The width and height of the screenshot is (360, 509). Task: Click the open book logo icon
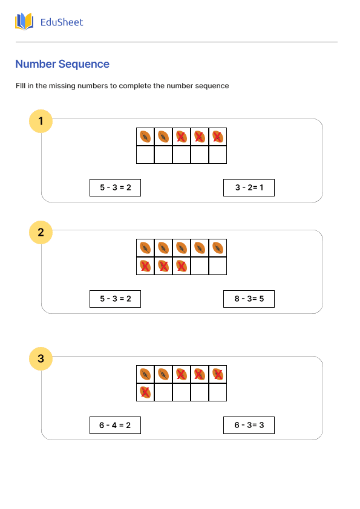(x=24, y=22)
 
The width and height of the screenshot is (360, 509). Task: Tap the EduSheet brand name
(x=61, y=22)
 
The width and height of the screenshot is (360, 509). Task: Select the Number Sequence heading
(x=62, y=64)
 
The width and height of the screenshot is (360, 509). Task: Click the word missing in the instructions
(x=92, y=86)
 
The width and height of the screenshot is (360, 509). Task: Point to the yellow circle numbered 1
(x=41, y=122)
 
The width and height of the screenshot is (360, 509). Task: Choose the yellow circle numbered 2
(x=41, y=233)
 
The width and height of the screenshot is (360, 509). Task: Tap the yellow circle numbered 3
(x=41, y=359)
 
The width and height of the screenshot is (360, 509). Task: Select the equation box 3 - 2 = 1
(x=249, y=188)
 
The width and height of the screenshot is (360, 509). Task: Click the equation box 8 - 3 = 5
(x=249, y=299)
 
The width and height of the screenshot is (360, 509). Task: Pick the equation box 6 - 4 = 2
(x=115, y=426)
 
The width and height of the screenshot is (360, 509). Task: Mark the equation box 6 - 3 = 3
(x=249, y=426)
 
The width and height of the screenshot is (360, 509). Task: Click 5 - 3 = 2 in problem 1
(x=115, y=188)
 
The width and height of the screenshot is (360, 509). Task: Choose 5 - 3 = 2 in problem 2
(x=115, y=299)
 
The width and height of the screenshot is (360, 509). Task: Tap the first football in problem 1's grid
(x=145, y=137)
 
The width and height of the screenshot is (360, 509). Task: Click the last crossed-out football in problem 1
(x=218, y=137)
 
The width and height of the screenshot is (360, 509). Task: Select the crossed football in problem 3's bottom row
(x=145, y=392)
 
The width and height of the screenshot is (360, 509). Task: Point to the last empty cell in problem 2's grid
(x=218, y=266)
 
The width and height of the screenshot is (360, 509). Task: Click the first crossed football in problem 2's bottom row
(x=145, y=266)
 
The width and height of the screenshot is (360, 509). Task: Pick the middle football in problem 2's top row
(x=182, y=248)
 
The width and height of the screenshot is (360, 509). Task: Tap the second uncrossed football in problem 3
(x=163, y=374)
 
